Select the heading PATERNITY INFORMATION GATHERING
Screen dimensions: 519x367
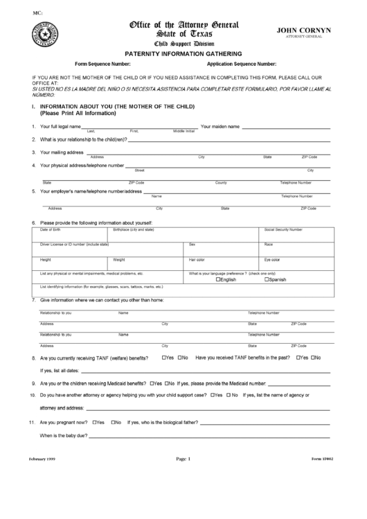coord(183,53)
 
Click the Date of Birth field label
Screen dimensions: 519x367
coord(51,229)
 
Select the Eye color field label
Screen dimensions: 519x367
coord(271,260)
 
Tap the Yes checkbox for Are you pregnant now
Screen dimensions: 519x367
coord(93,422)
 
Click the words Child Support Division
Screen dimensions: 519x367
coord(183,43)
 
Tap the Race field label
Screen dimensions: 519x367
coord(269,245)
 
